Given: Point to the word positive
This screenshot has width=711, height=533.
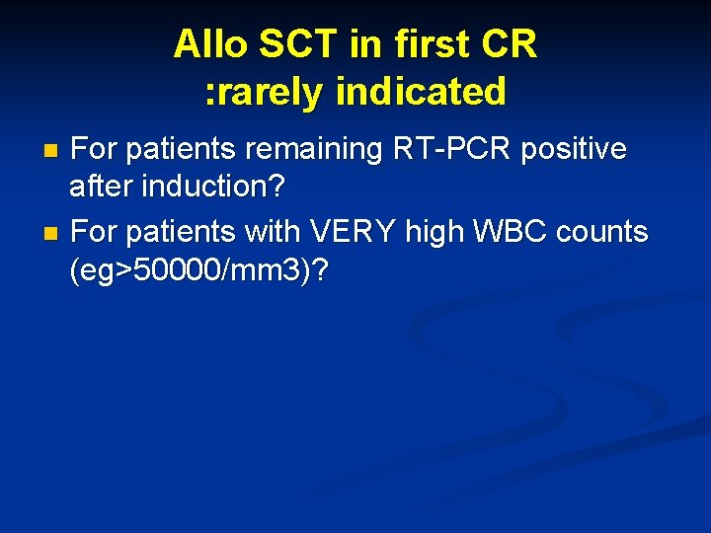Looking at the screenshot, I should point(577,149).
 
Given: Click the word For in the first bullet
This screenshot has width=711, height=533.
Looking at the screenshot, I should point(95,149).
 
